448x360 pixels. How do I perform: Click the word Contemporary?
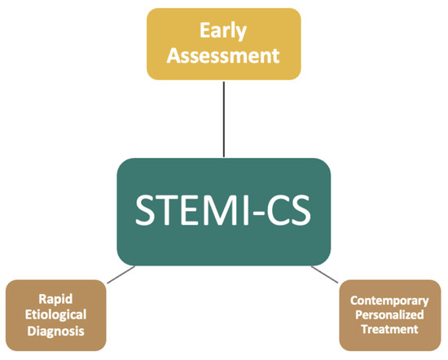click(389, 300)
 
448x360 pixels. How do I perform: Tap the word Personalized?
click(389, 314)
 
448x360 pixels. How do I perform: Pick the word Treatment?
click(389, 329)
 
